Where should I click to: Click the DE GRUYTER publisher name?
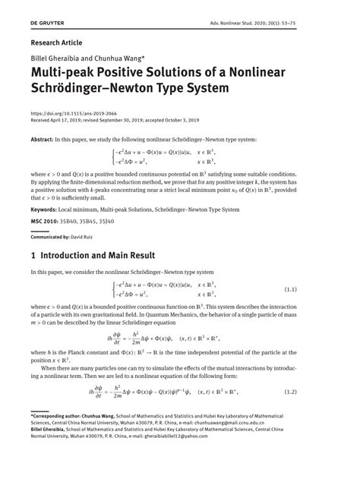click(46, 24)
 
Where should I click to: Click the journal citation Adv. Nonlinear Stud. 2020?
click(282, 24)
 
